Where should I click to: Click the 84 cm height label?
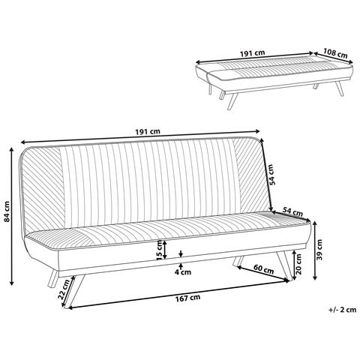coord(7,211)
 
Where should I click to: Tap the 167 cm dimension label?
coord(187,298)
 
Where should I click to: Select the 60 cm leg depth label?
coord(263,268)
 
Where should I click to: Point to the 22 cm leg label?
coord(64,289)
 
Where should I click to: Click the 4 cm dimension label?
coord(183,271)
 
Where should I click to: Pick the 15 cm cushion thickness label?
coord(159,249)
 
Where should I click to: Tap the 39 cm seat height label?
coord(319,250)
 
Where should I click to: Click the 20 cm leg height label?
coord(298,264)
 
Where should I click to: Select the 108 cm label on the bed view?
coord(335,52)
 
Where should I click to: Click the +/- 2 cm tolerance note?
coord(342,310)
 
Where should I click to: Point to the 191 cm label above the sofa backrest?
coord(148,131)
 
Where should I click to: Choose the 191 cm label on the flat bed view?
coord(252,53)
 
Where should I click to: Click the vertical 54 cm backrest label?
coord(272,174)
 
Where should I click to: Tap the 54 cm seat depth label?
coord(292,212)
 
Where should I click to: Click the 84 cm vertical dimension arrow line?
coord(11,216)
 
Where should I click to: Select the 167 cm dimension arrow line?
coord(178,295)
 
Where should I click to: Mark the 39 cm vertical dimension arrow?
coord(315,250)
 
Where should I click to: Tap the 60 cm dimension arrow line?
coord(263,274)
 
